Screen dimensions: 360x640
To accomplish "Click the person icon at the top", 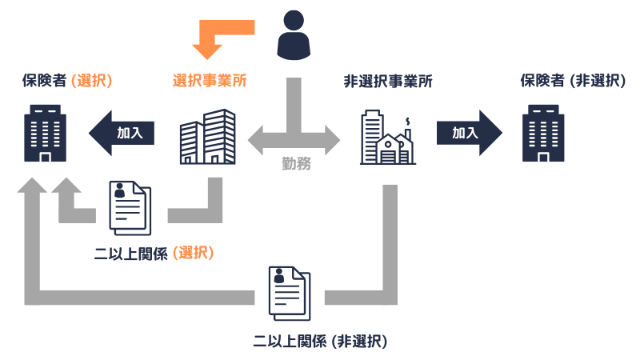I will (x=294, y=37).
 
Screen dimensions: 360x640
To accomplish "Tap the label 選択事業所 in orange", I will (x=210, y=81).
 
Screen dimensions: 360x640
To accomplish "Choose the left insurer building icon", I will (x=45, y=134).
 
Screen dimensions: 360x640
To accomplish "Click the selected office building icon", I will (x=206, y=137).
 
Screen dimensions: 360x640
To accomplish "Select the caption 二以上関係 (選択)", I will (x=154, y=254).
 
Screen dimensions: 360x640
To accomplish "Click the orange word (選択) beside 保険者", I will (x=90, y=81).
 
